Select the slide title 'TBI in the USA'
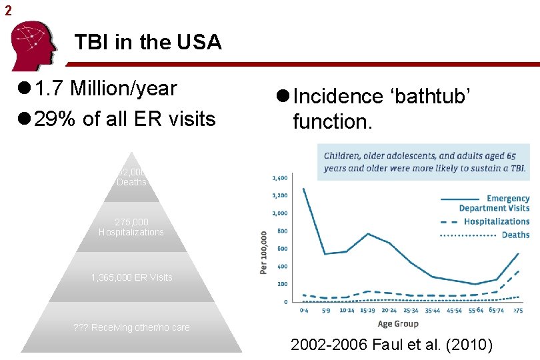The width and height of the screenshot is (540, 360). point(148,43)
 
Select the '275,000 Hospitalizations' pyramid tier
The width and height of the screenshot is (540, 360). point(131,227)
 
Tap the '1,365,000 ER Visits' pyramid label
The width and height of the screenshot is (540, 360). point(131,277)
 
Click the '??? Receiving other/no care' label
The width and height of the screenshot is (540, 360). point(131,327)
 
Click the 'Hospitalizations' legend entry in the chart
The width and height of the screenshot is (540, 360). point(496,221)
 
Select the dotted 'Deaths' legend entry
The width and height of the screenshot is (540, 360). point(515,235)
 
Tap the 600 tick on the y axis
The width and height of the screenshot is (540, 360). point(283,249)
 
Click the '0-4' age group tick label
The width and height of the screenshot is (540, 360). point(303,311)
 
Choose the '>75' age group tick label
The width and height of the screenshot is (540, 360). point(518,311)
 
